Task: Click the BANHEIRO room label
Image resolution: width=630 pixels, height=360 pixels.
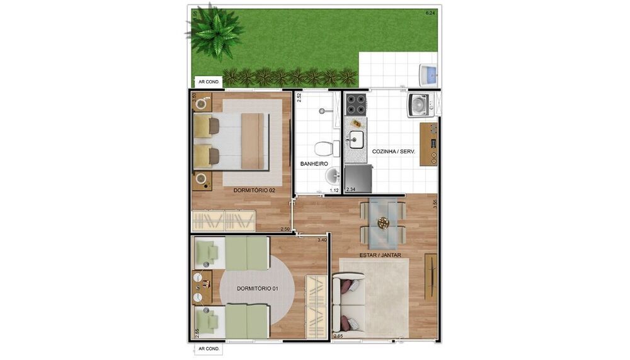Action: tap(314, 163)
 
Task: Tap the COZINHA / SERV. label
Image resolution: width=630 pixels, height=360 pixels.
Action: tap(393, 152)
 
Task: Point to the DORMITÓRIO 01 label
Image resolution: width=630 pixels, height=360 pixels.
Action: tap(257, 288)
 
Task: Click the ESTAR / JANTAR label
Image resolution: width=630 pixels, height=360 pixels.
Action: tap(380, 255)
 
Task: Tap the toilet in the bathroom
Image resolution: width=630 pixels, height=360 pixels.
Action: tap(324, 149)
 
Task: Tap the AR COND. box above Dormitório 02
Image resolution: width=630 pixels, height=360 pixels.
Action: tap(209, 81)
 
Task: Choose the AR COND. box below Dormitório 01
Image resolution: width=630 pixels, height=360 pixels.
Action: tap(209, 349)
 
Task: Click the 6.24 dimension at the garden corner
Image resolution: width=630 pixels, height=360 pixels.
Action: tap(431, 13)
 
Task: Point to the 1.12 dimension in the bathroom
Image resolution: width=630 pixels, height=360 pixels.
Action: tap(334, 190)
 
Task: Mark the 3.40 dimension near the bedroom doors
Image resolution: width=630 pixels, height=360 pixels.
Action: tap(322, 240)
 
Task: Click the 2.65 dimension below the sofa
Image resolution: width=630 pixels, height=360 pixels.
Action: tap(338, 336)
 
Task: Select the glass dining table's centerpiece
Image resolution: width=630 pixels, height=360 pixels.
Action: tap(383, 222)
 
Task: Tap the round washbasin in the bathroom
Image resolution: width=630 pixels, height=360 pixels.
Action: tap(332, 175)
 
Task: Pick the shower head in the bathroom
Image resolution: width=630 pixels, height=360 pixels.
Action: tap(323, 110)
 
